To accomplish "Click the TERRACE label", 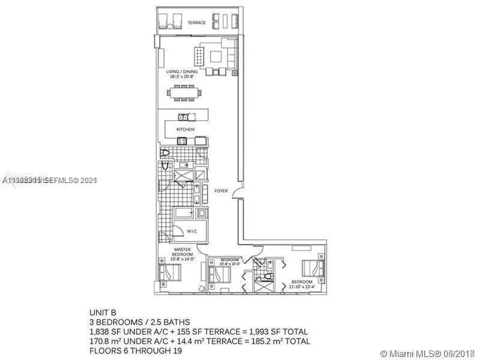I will [x=196, y=23].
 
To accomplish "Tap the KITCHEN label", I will [x=185, y=129].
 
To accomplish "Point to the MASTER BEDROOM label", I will [x=182, y=252].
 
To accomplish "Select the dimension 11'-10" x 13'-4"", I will [x=302, y=286].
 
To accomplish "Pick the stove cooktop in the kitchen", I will [x=182, y=141].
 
